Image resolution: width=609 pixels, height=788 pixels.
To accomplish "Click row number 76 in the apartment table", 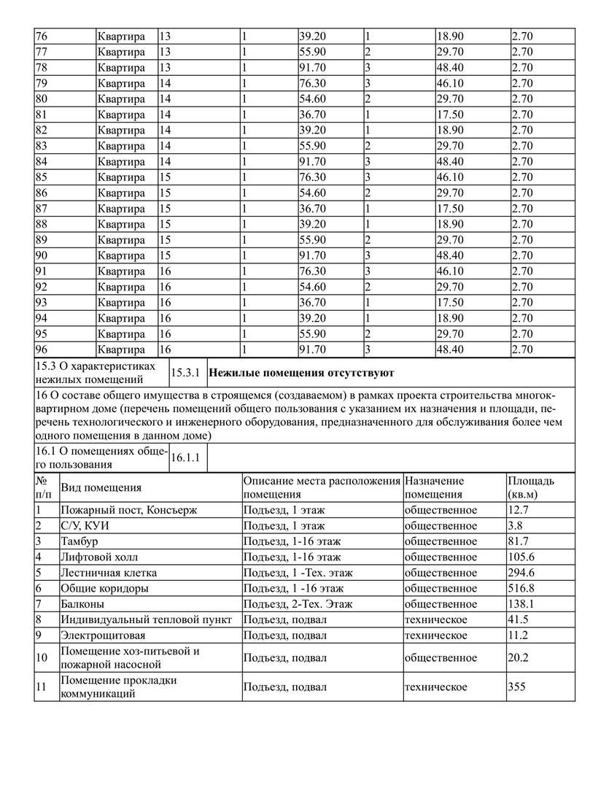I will [42, 36].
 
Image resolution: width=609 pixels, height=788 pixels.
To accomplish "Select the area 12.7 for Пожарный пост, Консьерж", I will [518, 509].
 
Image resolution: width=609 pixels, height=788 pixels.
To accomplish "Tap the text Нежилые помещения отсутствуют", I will [301, 373].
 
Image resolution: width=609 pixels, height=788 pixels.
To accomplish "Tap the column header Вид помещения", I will [101, 487].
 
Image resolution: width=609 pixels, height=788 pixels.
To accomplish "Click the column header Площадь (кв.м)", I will [530, 487].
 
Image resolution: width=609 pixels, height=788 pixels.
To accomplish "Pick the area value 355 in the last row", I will [517, 687].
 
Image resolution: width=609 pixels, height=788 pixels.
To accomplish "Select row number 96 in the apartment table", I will [42, 349].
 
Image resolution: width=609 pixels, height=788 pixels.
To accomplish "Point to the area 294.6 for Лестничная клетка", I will [521, 573].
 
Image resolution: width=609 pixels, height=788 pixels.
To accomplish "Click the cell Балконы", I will [82, 604].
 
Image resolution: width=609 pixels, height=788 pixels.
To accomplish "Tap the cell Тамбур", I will [79, 541].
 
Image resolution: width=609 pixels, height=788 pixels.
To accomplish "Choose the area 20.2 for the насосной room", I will [518, 657].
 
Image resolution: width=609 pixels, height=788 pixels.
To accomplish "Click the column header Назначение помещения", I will [435, 487].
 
